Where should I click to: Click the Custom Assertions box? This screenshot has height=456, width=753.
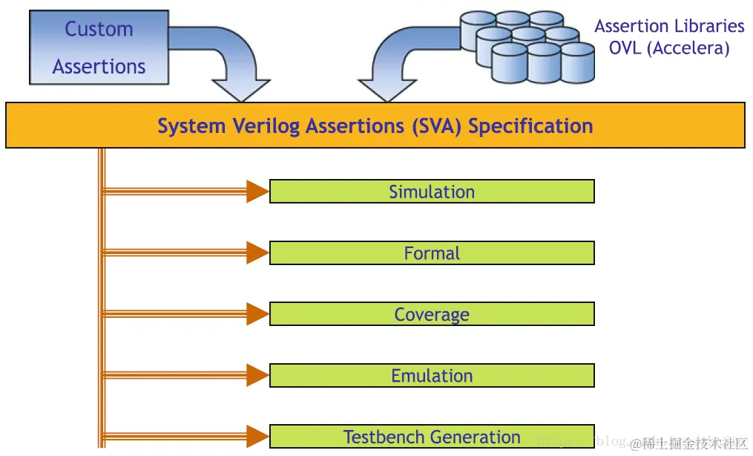(x=99, y=48)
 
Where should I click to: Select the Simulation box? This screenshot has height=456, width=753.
(x=432, y=192)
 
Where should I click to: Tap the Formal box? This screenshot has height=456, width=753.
(x=432, y=253)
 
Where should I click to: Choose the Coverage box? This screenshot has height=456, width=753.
(x=432, y=314)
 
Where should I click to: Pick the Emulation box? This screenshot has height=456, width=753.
(x=432, y=375)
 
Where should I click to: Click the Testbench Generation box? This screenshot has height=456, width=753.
(x=432, y=437)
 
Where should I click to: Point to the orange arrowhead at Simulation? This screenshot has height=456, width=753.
(x=257, y=192)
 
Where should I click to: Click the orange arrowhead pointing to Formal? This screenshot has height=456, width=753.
(x=257, y=253)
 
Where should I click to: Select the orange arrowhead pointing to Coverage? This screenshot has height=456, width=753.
(x=257, y=314)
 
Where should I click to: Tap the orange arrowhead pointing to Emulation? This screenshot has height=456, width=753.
(x=257, y=375)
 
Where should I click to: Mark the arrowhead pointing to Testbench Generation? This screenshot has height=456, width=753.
(x=257, y=437)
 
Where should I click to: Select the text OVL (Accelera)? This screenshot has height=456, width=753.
(x=669, y=48)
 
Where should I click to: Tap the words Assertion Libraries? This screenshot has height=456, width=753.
(x=669, y=27)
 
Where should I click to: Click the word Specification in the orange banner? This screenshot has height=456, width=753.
(x=530, y=126)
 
